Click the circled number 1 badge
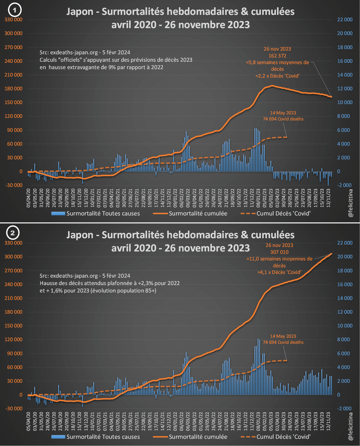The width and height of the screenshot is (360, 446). (x=14, y=11)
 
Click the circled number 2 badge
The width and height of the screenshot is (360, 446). (x=13, y=233)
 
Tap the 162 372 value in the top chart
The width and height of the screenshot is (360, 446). (x=277, y=56)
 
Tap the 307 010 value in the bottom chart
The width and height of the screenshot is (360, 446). (x=279, y=252)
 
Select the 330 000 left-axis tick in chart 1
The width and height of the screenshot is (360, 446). (x=13, y=20)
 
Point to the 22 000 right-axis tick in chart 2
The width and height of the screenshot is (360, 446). (x=345, y=243)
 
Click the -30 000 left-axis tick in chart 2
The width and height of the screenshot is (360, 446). (x=13, y=408)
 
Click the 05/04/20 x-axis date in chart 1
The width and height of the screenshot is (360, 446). (x=28, y=198)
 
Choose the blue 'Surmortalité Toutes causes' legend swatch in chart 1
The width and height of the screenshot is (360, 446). (x=58, y=213)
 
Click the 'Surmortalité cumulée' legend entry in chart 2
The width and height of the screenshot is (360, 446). (x=198, y=437)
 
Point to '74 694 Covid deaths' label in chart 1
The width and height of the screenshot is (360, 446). (x=283, y=119)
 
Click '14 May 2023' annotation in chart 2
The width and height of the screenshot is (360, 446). (x=283, y=336)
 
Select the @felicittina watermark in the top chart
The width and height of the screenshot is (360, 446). (x=350, y=203)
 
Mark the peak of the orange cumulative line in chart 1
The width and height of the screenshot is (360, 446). (x=272, y=86)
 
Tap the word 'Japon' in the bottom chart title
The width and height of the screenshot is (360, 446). (x=80, y=235)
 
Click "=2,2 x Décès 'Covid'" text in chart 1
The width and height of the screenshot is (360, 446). (x=277, y=76)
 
